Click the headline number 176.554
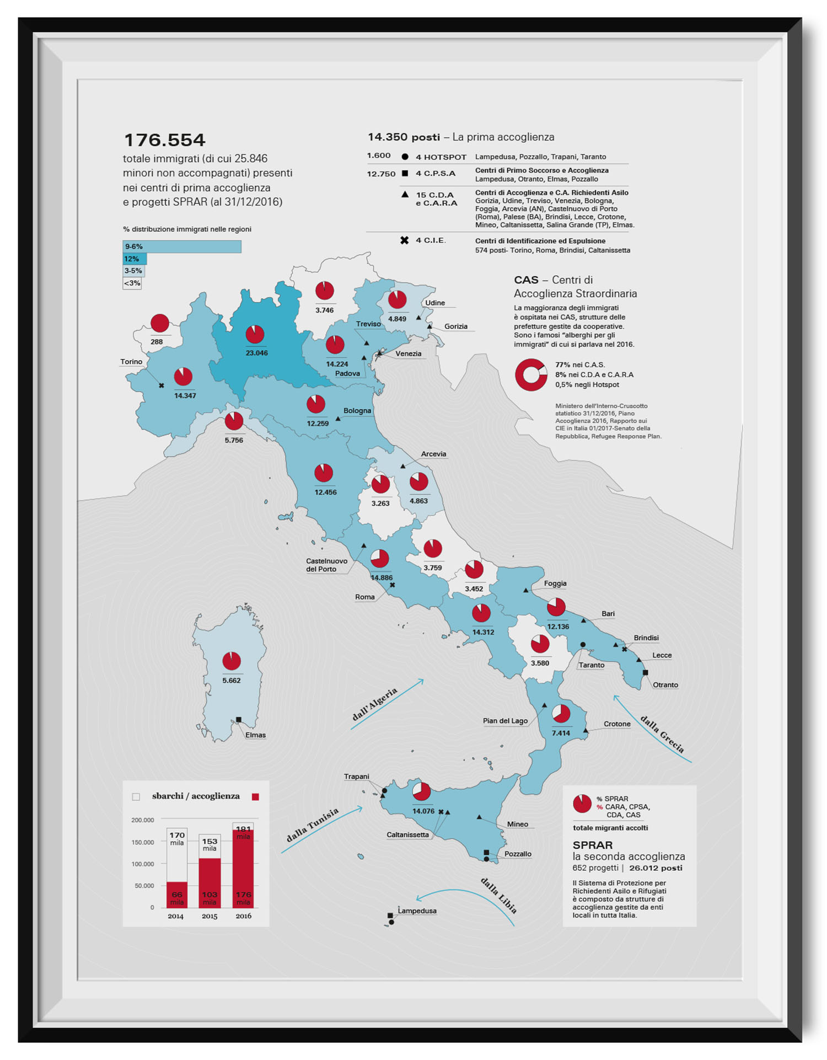pos(164,140)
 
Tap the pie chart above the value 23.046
pos(255,334)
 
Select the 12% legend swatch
pos(135,259)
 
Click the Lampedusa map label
pos(417,911)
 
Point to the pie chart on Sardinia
pos(232,661)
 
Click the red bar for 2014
pos(177,895)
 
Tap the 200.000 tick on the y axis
pos(143,820)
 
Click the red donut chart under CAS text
pos(531,375)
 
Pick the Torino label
pos(131,362)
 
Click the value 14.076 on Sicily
pos(423,811)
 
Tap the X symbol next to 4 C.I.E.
pos(404,240)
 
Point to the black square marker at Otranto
pos(645,673)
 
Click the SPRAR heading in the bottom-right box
pos(592,845)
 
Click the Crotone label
pos(616,724)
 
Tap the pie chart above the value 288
pos(160,323)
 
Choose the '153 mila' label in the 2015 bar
pos(210,844)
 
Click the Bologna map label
pos(357,411)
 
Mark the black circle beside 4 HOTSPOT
pos(405,157)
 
